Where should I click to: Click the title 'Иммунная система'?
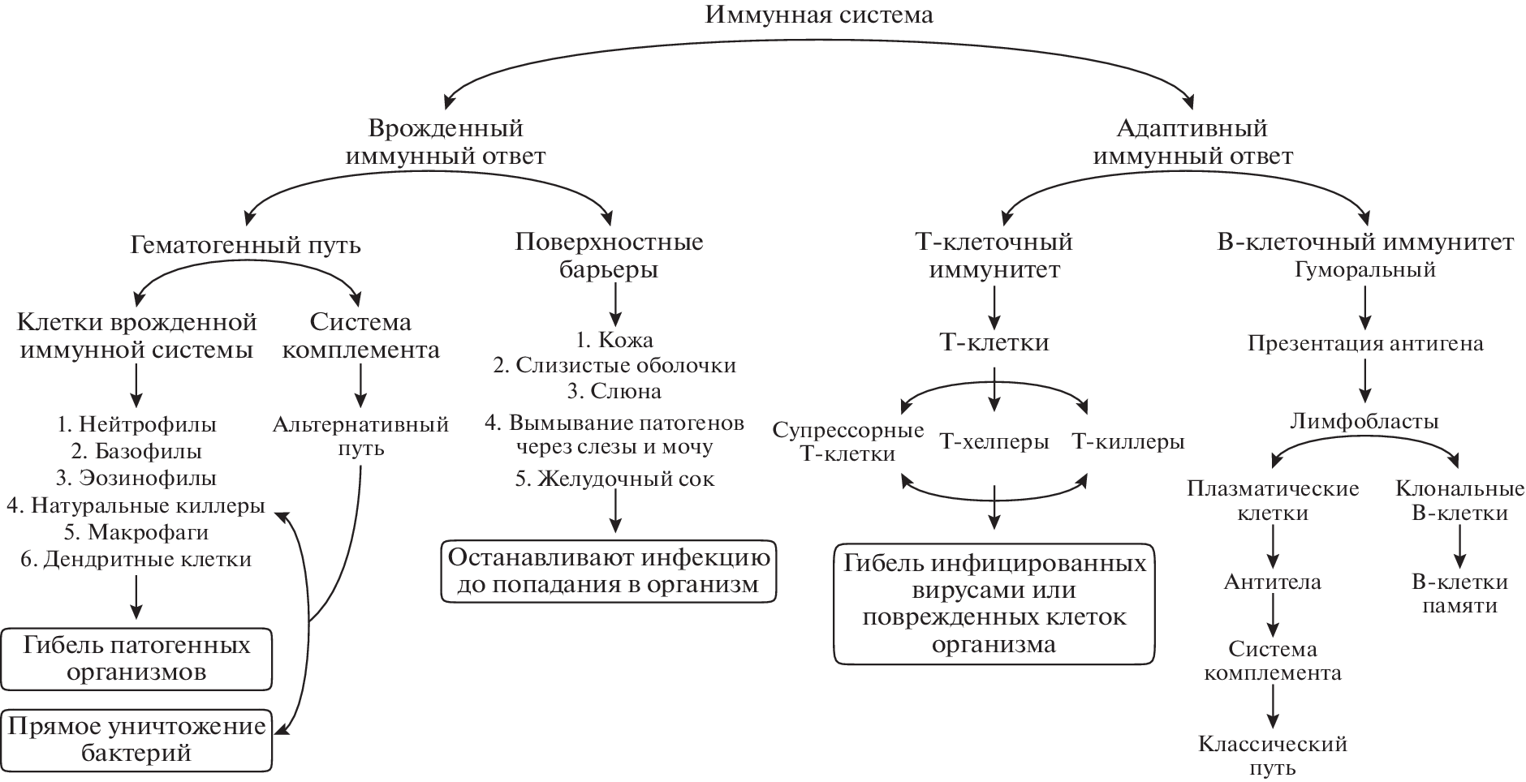820,15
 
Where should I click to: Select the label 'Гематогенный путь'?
245,244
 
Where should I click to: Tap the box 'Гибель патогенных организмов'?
136,659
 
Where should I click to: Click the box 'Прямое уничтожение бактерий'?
136,739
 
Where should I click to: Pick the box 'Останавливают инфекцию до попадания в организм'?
608,572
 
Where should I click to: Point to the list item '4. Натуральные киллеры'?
136,506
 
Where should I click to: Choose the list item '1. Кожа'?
614,339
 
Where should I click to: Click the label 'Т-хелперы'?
994,442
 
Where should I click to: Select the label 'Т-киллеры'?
1127,442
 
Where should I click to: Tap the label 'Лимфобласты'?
1364,422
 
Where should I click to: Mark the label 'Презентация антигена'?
1365,343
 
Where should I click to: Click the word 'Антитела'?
1272,582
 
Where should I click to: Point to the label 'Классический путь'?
1272,755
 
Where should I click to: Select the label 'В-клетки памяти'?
1459,593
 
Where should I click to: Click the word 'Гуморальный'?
1365,270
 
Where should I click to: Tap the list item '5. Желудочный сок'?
614,479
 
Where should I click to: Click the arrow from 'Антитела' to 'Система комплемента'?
1272,617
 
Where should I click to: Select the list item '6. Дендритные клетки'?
136,559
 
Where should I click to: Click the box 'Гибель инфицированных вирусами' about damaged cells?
994,604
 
